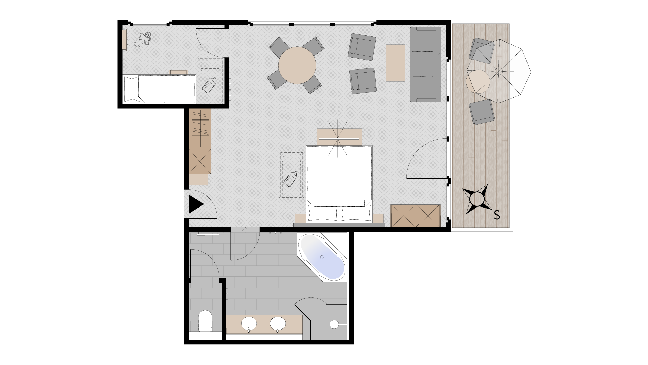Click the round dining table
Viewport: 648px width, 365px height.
(x=297, y=65)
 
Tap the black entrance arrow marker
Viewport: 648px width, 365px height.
(x=196, y=204)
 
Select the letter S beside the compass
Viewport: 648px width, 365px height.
(x=497, y=215)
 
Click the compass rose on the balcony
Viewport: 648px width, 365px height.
(x=477, y=199)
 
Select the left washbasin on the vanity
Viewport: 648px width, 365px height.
(x=249, y=324)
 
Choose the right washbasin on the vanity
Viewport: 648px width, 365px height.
(x=278, y=324)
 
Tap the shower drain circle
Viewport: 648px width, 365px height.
(x=334, y=324)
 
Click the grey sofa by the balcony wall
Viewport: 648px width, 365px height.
(x=426, y=64)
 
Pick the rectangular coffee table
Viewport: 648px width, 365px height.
(x=395, y=63)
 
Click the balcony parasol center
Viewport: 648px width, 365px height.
(x=499, y=71)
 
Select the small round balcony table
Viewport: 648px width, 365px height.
(x=478, y=81)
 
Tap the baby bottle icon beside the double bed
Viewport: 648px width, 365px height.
(x=290, y=178)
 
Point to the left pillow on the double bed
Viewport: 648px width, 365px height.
(x=323, y=213)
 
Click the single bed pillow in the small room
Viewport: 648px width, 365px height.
(x=132, y=89)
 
